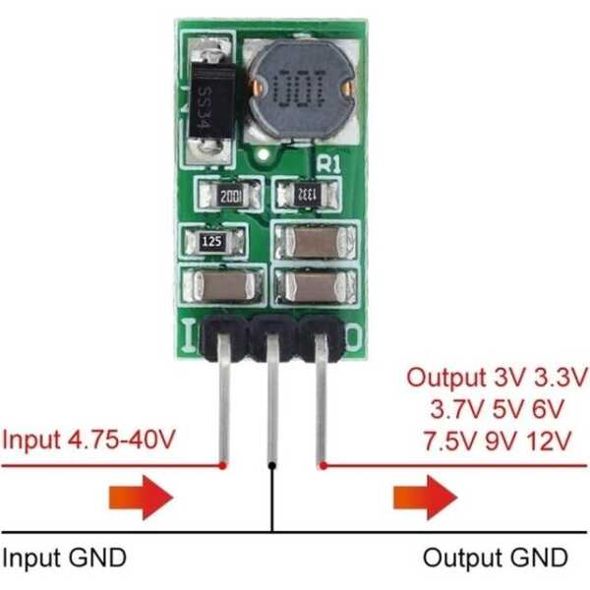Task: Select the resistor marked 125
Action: pyautogui.click(x=209, y=241)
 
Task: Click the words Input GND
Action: pyautogui.click(x=65, y=559)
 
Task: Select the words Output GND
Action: pyautogui.click(x=495, y=559)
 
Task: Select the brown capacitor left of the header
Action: pyautogui.click(x=220, y=286)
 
